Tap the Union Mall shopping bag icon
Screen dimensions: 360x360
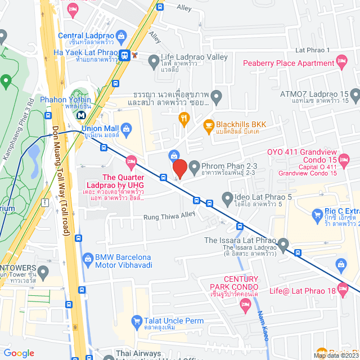tap(127, 132)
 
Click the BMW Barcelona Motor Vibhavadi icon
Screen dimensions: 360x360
tap(88, 258)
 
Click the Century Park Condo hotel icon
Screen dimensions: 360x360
tap(245, 304)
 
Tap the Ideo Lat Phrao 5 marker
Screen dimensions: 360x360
tap(227, 197)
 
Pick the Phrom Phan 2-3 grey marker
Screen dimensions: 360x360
tap(194, 166)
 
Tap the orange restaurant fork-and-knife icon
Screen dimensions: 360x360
tap(183, 118)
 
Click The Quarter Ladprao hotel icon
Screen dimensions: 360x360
tap(130, 163)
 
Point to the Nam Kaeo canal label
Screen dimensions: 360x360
tap(262, 326)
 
